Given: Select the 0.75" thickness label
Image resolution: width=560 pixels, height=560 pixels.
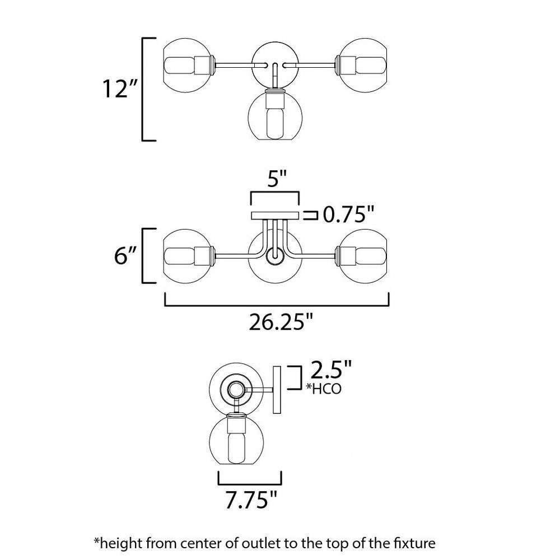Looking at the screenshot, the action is tap(348, 215).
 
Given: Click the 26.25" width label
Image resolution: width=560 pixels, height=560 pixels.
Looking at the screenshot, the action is tap(281, 322).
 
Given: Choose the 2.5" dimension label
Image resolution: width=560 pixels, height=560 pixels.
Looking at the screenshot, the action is tap(331, 370).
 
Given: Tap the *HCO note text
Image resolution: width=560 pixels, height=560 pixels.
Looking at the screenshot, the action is tap(324, 389).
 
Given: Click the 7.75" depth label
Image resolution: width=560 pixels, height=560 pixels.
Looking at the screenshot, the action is tap(251, 500).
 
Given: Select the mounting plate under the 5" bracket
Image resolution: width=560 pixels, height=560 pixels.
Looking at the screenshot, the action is tap(275, 216).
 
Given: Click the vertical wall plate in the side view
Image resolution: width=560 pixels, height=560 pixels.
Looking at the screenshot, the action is tap(277, 390).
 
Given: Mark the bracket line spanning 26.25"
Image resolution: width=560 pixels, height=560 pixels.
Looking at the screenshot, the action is tap(277, 306).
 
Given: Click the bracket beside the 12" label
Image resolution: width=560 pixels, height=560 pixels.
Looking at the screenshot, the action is tap(142, 89).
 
